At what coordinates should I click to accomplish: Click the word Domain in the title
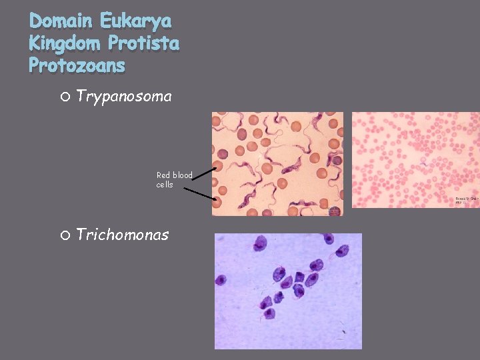[x=62, y=21]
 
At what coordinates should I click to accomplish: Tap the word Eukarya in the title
[x=136, y=21]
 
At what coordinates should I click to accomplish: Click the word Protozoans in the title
[x=77, y=65]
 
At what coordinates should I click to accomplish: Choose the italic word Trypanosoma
[x=123, y=97]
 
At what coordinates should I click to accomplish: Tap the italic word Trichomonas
[x=122, y=235]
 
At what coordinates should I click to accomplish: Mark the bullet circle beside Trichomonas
[x=64, y=235]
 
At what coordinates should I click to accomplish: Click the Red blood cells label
[x=174, y=180]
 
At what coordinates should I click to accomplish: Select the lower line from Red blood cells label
[x=200, y=194]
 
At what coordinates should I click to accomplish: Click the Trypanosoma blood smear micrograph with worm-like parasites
[x=277, y=163]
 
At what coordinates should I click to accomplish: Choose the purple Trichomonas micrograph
[x=288, y=291]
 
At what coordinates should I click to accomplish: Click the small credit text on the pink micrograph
[x=467, y=200]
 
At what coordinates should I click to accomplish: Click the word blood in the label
[x=182, y=175]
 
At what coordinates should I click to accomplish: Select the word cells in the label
[x=165, y=185]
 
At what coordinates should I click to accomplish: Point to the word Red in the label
[x=163, y=175]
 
